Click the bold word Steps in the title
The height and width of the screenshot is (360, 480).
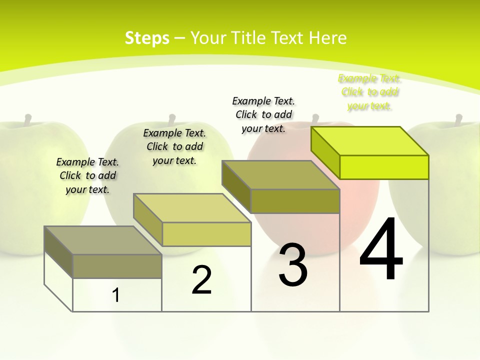coord(147,38)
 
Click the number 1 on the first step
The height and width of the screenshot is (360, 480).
coord(116,295)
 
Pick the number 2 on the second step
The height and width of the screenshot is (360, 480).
coord(201,280)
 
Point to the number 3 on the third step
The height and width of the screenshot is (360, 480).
coord(292,265)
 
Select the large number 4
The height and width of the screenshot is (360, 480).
coord(381,250)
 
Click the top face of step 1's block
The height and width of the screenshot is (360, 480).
coord(102,240)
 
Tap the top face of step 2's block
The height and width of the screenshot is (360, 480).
coord(192,208)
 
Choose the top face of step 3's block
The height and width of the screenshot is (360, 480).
coord(281,175)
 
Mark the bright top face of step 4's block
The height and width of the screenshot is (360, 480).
coord(370,141)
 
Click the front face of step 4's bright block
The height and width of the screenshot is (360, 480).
coord(384,167)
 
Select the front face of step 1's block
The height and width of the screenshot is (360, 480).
coord(117,266)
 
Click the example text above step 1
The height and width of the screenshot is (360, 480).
coord(87,175)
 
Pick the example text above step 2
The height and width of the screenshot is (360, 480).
coord(174,146)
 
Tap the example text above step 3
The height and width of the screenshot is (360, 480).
coord(263,114)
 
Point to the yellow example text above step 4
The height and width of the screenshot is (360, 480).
coord(369,92)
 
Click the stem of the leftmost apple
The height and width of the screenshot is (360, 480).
coord(28,119)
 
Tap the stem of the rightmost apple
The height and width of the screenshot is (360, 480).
coord(458,119)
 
